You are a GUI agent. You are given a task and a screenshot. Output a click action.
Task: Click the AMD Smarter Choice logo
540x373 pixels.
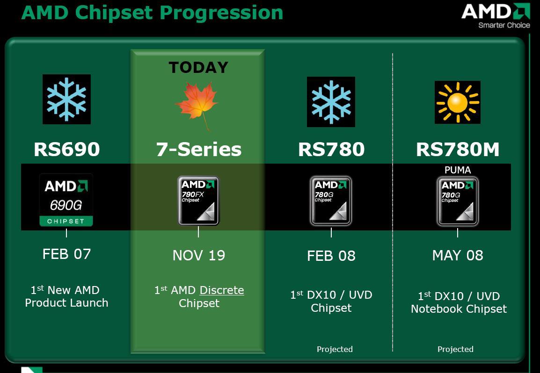click(x=496, y=16)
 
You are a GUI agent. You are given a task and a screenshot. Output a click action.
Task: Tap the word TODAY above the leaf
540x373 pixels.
click(x=198, y=67)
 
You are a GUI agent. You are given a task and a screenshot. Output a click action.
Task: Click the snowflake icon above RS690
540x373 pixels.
click(x=66, y=99)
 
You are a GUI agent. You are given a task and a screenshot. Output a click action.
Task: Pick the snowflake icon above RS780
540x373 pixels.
click(x=331, y=102)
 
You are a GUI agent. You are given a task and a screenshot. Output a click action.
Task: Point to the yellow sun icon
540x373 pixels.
click(x=457, y=102)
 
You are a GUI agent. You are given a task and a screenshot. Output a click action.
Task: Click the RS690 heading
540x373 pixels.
click(x=67, y=149)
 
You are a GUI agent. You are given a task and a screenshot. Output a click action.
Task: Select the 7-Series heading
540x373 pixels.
click(x=199, y=149)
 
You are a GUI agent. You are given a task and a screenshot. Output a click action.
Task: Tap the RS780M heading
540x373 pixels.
click(x=458, y=149)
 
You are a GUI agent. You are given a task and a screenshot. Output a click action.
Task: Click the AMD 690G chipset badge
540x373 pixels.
click(x=66, y=200)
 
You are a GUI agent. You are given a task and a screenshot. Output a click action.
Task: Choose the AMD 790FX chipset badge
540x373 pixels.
click(x=198, y=201)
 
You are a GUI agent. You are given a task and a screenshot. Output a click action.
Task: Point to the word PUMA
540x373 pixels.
click(x=458, y=170)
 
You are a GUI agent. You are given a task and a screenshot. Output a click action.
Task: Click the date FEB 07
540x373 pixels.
click(x=66, y=254)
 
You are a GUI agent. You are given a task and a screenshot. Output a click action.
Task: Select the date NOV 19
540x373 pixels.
click(x=199, y=256)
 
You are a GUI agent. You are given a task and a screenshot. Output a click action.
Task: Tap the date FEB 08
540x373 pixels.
click(x=331, y=256)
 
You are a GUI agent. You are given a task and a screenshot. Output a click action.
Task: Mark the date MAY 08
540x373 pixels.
click(x=458, y=255)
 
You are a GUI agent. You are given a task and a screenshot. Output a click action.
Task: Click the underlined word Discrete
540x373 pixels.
click(x=222, y=290)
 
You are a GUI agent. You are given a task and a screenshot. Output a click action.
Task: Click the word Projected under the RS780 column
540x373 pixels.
click(x=335, y=350)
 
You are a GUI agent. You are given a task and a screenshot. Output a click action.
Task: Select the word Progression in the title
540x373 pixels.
click(x=221, y=13)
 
